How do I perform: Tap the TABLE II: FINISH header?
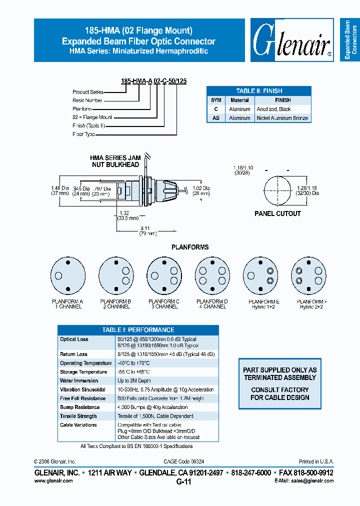click(259, 91)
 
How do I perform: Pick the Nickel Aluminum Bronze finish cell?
click(282, 118)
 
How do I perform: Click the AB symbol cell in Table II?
click(215, 118)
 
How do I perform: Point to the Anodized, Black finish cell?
click(273, 109)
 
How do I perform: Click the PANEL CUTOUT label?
click(277, 213)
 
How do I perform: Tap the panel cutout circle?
click(277, 189)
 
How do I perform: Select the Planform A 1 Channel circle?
click(67, 275)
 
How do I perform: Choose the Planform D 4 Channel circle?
click(212, 275)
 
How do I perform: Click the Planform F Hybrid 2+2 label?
click(308, 304)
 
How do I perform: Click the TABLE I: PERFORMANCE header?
click(138, 330)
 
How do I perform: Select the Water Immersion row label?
click(79, 381)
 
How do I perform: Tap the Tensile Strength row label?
click(78, 416)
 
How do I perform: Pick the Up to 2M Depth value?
click(135, 381)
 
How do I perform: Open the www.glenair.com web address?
click(53, 480)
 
